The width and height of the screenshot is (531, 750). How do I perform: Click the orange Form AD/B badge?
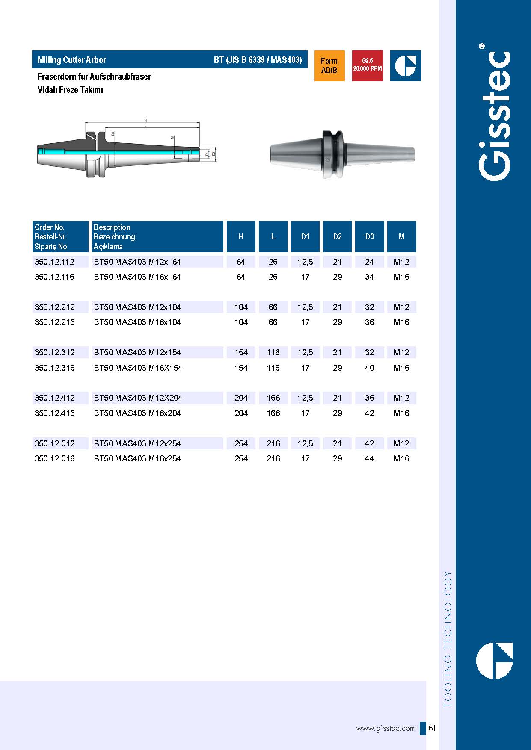pyautogui.click(x=329, y=66)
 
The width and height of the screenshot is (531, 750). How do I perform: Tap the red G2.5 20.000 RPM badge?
pyautogui.click(x=367, y=66)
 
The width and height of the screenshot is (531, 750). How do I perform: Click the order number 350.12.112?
pyautogui.click(x=54, y=262)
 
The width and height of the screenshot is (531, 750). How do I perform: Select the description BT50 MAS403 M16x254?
pyautogui.click(x=137, y=458)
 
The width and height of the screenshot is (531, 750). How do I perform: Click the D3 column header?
pyautogui.click(x=369, y=236)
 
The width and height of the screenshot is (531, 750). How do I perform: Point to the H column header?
pyautogui.click(x=241, y=236)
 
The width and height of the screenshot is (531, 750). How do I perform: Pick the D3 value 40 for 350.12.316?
pyautogui.click(x=369, y=368)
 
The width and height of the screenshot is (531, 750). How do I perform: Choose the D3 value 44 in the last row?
pyautogui.click(x=369, y=458)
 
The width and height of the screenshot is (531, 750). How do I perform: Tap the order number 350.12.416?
pyautogui.click(x=54, y=413)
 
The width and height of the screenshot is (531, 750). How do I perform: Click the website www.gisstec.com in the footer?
pyautogui.click(x=386, y=728)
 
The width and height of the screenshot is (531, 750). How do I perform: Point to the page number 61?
pyautogui.click(x=432, y=728)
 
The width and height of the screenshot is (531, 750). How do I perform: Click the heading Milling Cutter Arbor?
pyautogui.click(x=72, y=60)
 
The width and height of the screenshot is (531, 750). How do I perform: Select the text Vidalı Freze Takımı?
pyautogui.click(x=70, y=90)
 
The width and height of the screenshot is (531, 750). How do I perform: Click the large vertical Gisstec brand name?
pyautogui.click(x=494, y=115)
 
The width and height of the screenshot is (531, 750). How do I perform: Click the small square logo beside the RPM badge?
pyautogui.click(x=405, y=66)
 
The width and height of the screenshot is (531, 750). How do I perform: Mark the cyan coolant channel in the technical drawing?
pyautogui.click(x=107, y=152)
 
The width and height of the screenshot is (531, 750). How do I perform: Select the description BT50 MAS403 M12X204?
pyautogui.click(x=138, y=398)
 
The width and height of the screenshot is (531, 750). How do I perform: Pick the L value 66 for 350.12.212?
pyautogui.click(x=273, y=307)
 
